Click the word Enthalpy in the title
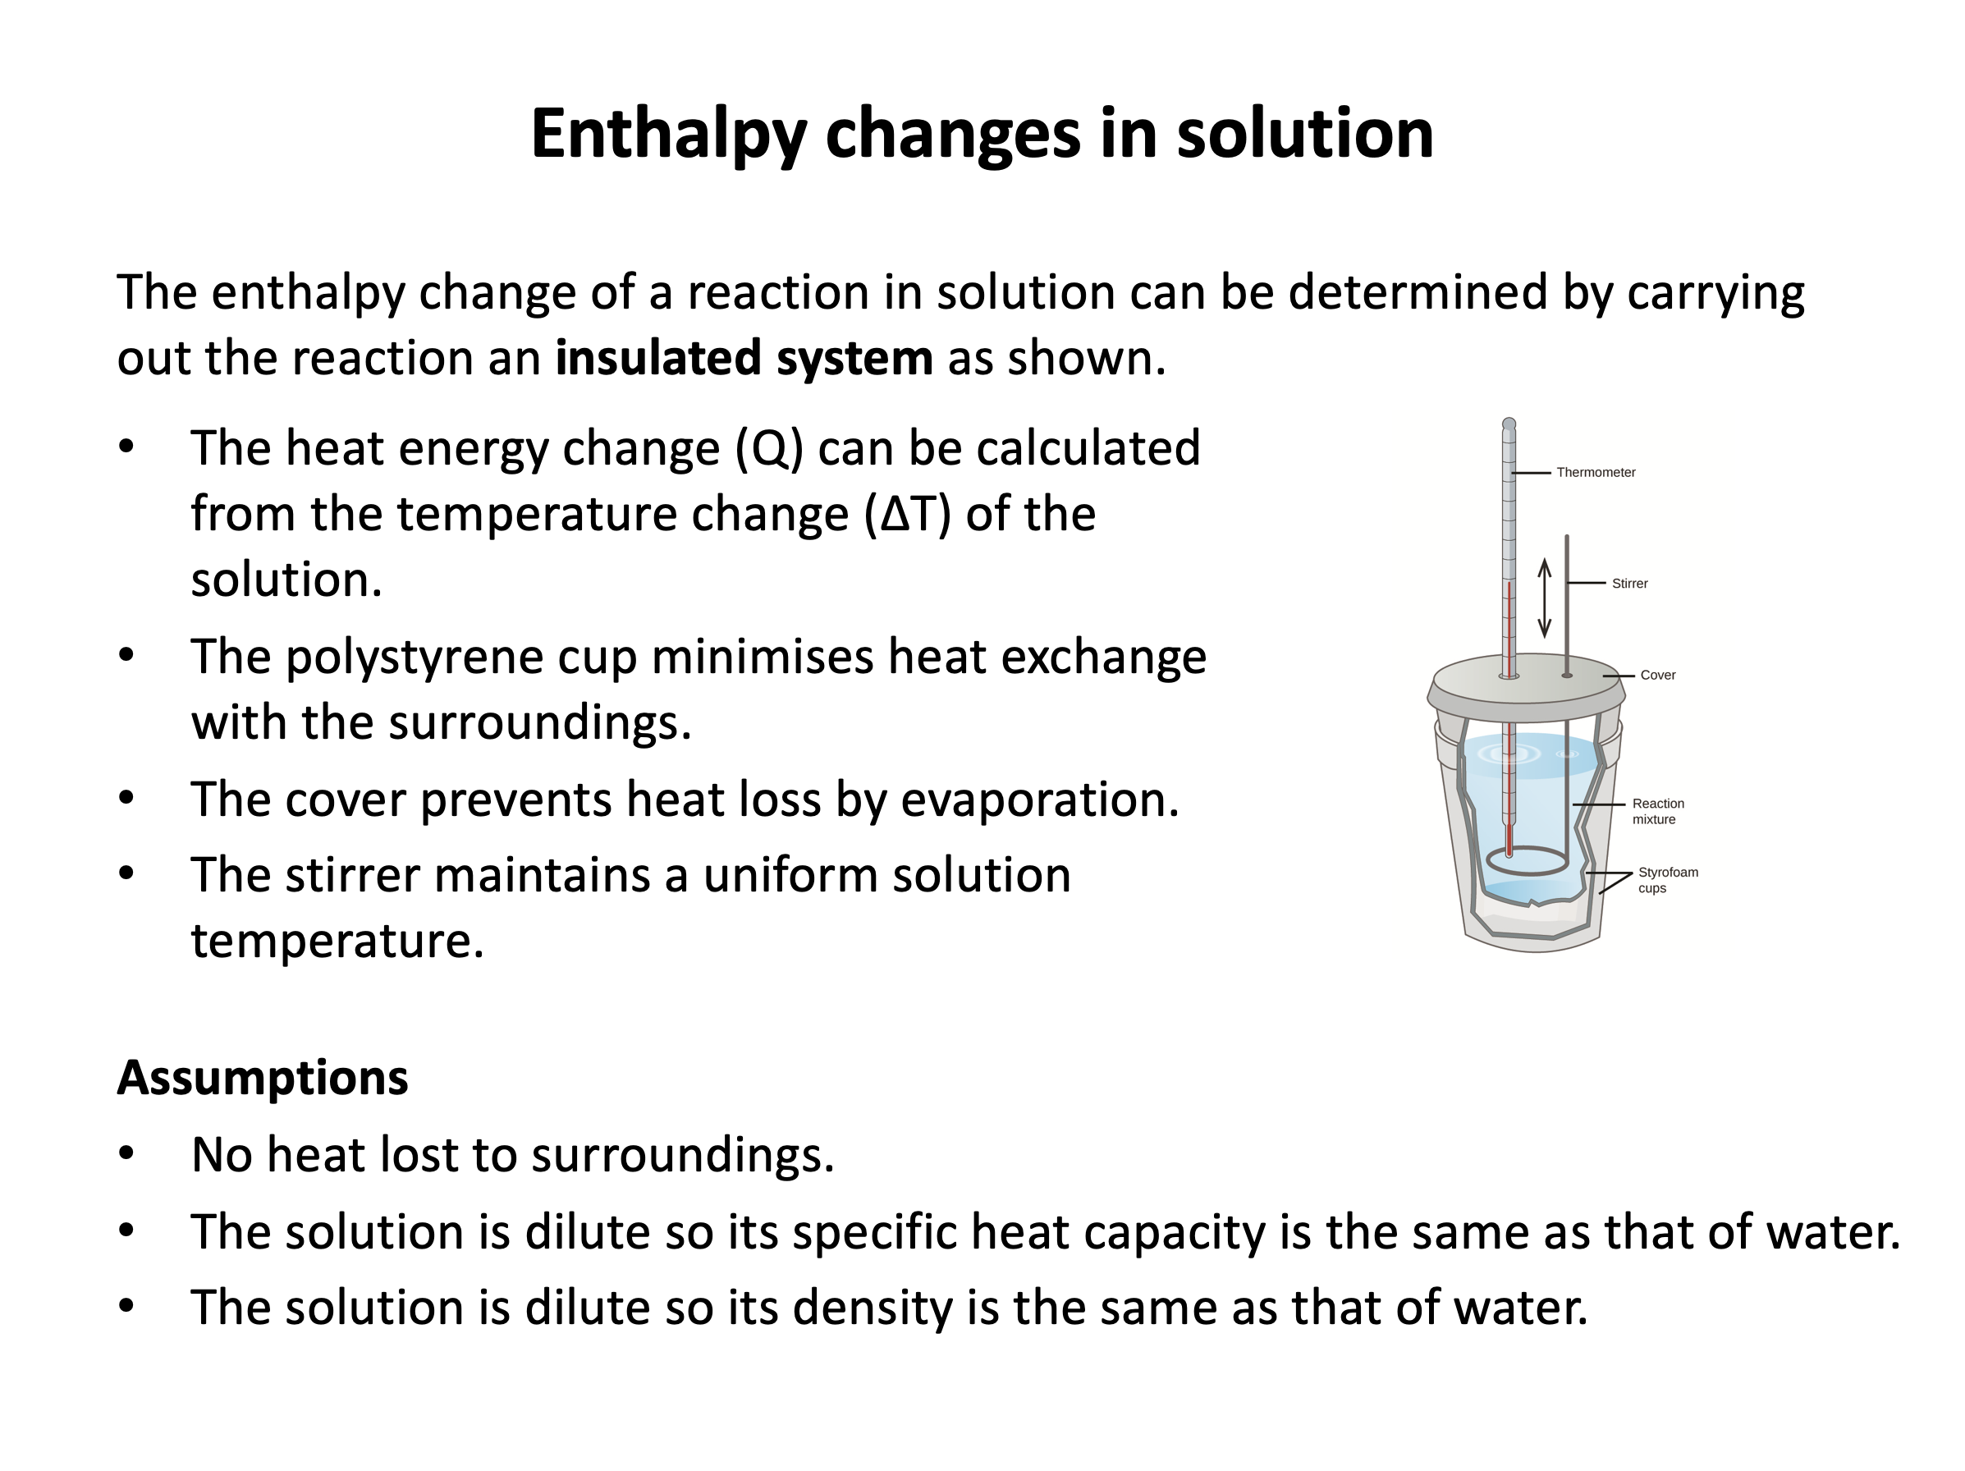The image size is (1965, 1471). click(668, 135)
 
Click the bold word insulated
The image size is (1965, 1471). click(656, 357)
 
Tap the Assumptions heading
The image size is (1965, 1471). click(263, 1078)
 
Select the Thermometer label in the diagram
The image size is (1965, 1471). click(1596, 473)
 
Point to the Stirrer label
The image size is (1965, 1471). click(1630, 584)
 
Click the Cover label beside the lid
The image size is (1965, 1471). click(1658, 675)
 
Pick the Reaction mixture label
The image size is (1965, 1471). click(1658, 811)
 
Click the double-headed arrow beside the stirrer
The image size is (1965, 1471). click(1545, 598)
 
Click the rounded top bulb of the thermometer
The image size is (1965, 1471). click(1509, 424)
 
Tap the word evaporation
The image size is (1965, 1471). click(1040, 800)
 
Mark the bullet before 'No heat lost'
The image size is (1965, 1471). click(126, 1153)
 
